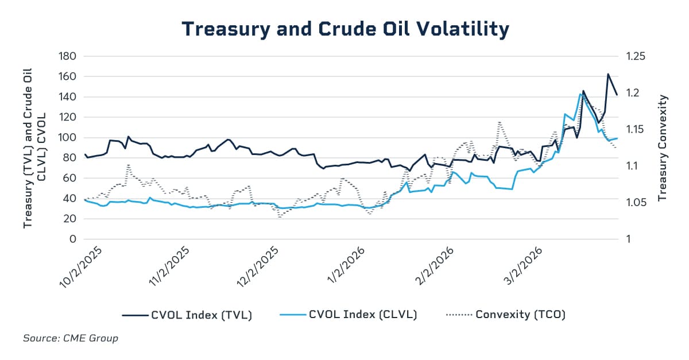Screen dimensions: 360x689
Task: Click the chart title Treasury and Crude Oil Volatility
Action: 345,29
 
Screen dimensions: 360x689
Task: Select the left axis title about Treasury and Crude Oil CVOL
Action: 33,148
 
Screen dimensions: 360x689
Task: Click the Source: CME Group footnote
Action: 71,338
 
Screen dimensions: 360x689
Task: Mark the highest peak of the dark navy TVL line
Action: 608,74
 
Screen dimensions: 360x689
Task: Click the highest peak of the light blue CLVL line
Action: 580,94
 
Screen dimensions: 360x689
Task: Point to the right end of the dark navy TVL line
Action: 617,95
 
